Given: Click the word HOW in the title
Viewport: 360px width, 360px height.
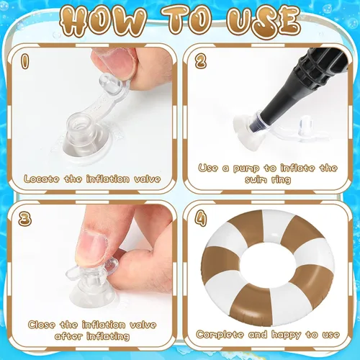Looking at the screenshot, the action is click(102, 21).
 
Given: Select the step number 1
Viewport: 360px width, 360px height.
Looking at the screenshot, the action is click(25, 61).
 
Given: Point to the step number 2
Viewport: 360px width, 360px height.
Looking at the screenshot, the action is click(201, 61).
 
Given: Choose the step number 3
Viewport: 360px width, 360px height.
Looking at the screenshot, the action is click(24, 218).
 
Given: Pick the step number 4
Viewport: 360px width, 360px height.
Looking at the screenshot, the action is click(201, 218).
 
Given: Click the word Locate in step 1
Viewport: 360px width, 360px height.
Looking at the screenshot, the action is click(42, 179).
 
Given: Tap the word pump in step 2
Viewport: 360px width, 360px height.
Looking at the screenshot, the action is click(246, 168).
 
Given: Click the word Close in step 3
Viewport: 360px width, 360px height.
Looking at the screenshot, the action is click(41, 325).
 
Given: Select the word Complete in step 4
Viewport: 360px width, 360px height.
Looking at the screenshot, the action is click(220, 335).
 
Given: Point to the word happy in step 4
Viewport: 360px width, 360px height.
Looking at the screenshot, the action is click(286, 335).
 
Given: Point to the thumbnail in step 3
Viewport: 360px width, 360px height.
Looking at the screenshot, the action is click(91, 247).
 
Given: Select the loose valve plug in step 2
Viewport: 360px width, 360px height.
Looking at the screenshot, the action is click(305, 126).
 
